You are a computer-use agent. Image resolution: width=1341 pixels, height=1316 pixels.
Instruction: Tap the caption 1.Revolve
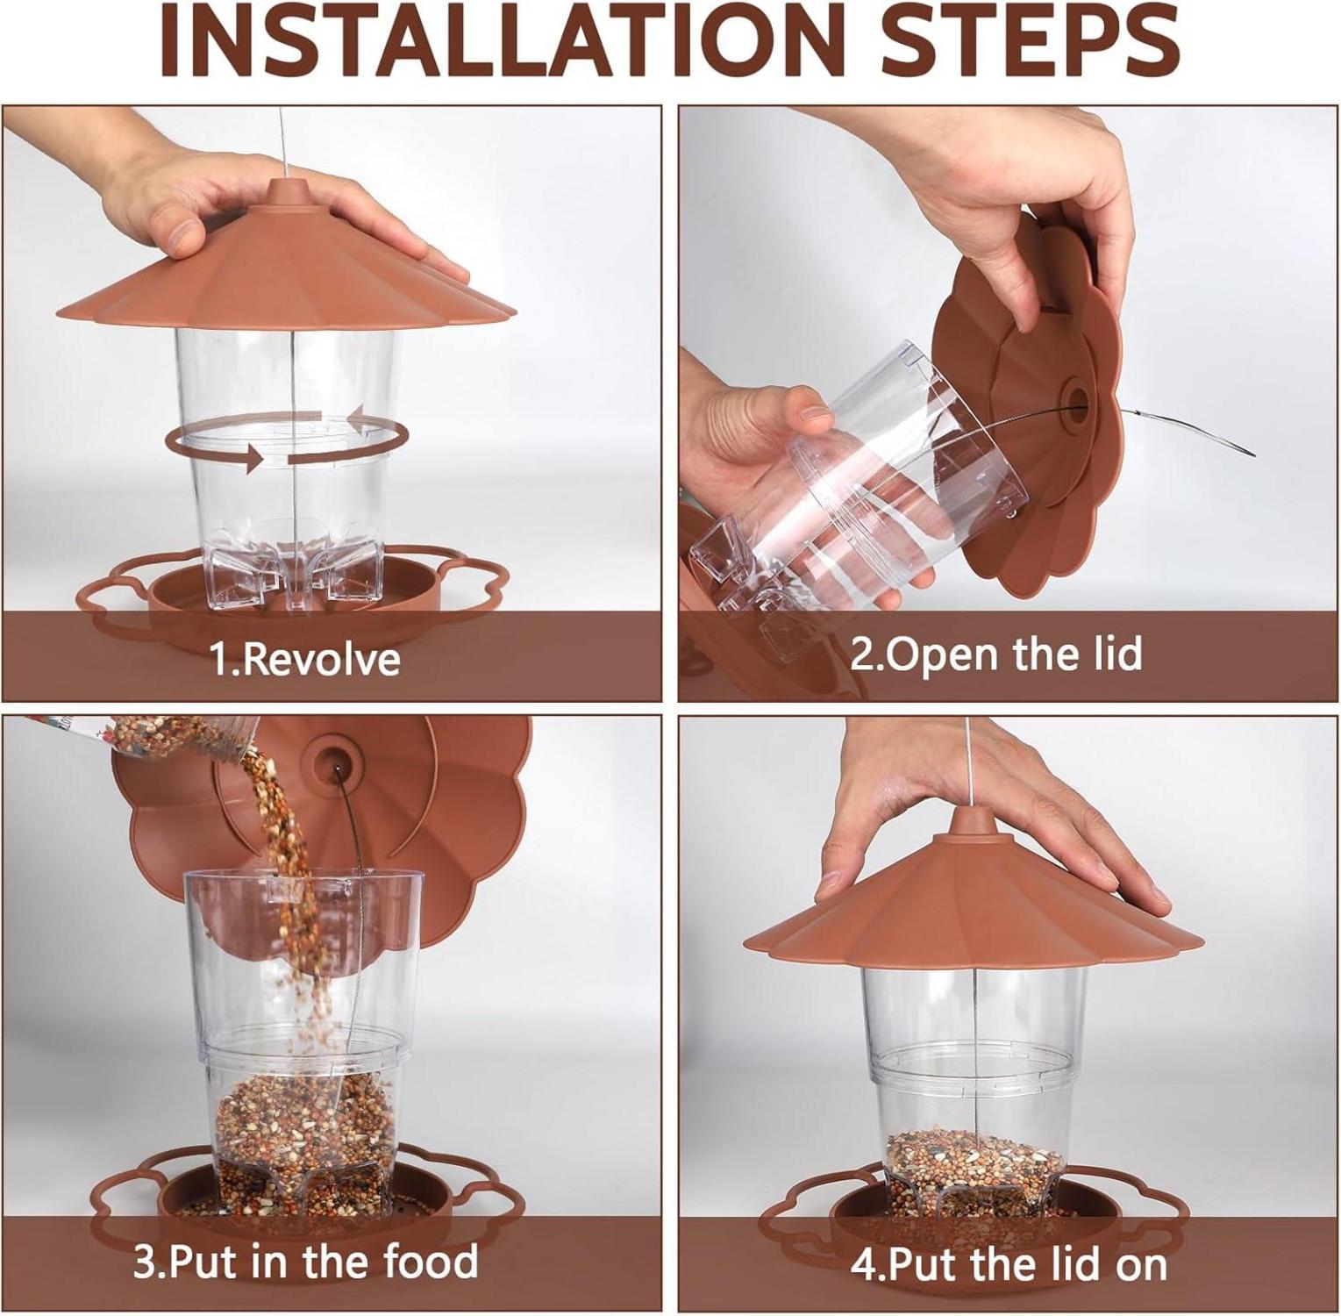305,658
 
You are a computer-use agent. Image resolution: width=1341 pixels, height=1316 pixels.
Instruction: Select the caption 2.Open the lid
996,654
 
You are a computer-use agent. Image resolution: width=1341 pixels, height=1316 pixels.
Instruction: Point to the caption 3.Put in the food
305,1262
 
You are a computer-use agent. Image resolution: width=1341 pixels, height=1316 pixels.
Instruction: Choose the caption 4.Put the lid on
1009,1264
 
